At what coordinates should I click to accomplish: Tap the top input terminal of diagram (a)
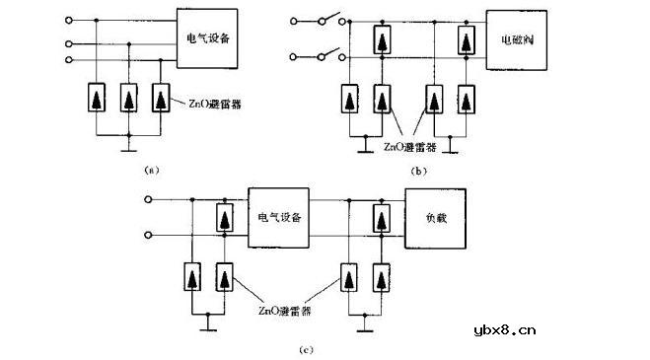68,20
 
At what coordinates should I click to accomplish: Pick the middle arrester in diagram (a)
129,99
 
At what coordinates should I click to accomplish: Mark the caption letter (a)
151,170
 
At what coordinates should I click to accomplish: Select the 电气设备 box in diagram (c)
279,216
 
